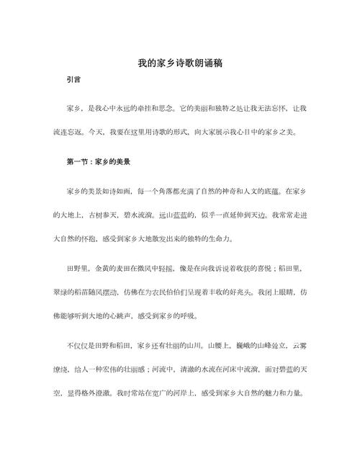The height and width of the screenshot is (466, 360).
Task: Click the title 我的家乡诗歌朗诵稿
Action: tap(179, 63)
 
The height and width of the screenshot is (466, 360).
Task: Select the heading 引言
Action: tap(72, 83)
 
